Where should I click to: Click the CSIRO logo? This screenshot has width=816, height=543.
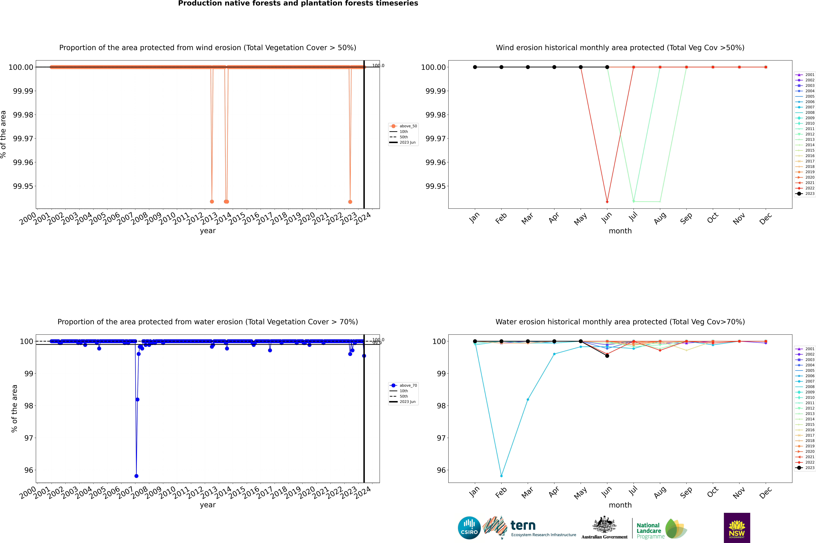(x=469, y=528)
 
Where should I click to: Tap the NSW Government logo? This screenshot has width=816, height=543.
(x=737, y=528)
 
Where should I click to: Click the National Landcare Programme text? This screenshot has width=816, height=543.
(x=649, y=531)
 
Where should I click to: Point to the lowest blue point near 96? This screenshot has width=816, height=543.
(x=136, y=476)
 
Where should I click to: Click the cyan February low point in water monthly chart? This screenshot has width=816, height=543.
(x=501, y=476)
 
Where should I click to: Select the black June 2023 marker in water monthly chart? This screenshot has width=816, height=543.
(x=607, y=356)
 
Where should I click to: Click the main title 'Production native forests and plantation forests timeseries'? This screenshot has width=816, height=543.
(x=298, y=3)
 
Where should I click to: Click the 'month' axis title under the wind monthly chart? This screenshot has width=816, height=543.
(x=620, y=231)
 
